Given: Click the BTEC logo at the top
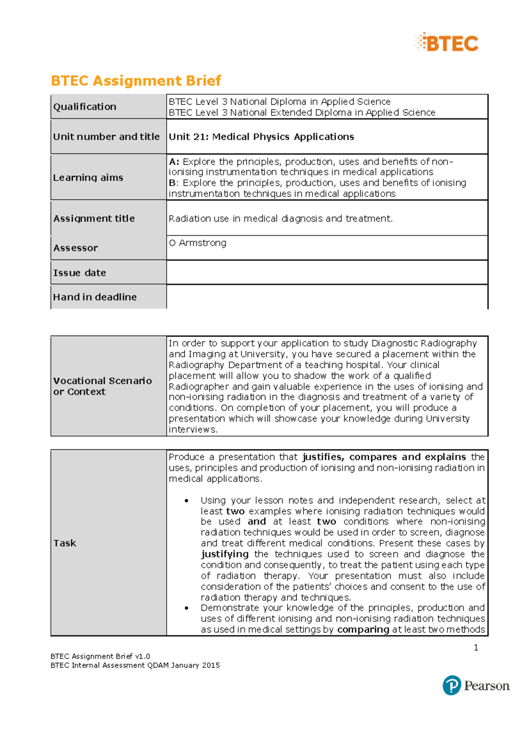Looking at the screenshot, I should [447, 43].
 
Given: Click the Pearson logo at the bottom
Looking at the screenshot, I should [476, 685].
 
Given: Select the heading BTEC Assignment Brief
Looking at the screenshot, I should [136, 81].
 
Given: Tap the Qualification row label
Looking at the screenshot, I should [85, 107].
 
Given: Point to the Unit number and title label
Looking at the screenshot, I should [106, 137].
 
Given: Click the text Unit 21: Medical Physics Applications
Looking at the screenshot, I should [261, 137].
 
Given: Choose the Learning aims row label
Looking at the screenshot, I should [88, 178].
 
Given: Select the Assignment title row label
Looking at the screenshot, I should [94, 218].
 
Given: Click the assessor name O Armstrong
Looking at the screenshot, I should [197, 243].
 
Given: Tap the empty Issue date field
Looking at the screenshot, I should [327, 272].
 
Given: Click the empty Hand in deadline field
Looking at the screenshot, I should [327, 296].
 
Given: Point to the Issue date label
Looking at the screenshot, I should [79, 273].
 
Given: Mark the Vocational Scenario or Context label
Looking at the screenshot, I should [102, 386].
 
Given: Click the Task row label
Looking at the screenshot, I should [65, 543].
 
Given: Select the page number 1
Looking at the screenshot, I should [476, 647].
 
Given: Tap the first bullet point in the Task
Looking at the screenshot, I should [187, 501].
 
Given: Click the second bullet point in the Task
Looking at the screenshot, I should [187, 608].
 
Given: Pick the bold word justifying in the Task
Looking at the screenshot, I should [225, 554].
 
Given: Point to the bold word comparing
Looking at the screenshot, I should [363, 629].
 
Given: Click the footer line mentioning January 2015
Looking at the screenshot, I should [135, 665].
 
